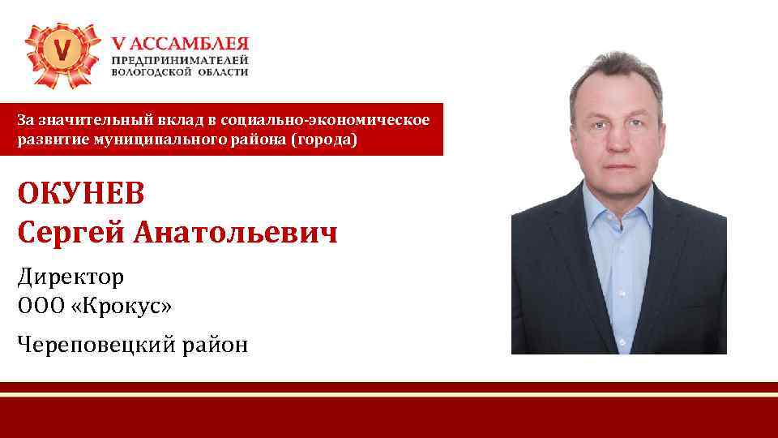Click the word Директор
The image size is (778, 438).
tap(71, 277)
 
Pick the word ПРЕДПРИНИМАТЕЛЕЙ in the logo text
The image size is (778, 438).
tap(180, 61)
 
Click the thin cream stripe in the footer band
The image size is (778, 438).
tap(389, 395)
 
